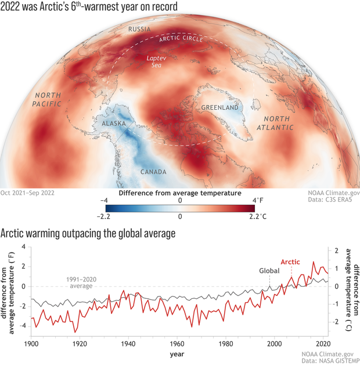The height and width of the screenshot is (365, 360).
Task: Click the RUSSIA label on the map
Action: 140,29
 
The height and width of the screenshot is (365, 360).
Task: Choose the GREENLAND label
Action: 220,108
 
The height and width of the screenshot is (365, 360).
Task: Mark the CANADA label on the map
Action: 153,172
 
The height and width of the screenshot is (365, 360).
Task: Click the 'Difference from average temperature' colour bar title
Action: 179,192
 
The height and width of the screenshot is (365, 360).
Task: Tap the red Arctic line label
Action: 290,262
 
